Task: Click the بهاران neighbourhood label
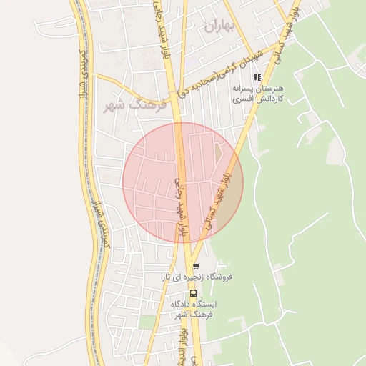[x=219, y=27]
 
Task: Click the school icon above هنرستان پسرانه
[x=257, y=77]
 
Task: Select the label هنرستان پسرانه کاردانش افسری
[x=258, y=94]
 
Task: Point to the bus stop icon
[x=193, y=292]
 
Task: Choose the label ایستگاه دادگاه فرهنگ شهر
[x=193, y=309]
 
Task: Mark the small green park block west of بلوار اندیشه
[x=147, y=322]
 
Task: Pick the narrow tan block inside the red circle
[x=219, y=154]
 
